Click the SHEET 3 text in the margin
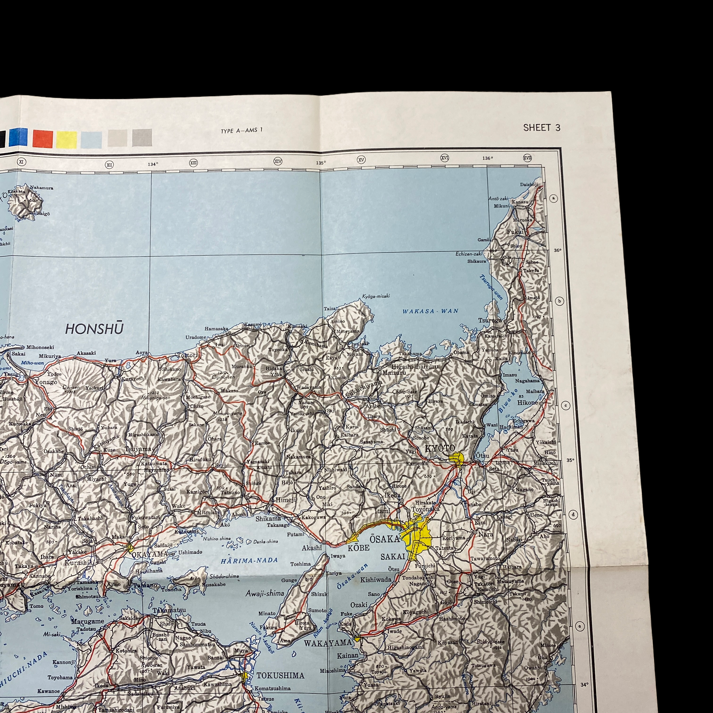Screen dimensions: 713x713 [541, 128]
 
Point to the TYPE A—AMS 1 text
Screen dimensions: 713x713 [242, 130]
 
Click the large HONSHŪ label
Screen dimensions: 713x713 [94, 329]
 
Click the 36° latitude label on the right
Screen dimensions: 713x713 [557, 250]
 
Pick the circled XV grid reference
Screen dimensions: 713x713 [361, 160]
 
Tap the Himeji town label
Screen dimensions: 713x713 [285, 500]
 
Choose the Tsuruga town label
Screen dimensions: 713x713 [490, 320]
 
